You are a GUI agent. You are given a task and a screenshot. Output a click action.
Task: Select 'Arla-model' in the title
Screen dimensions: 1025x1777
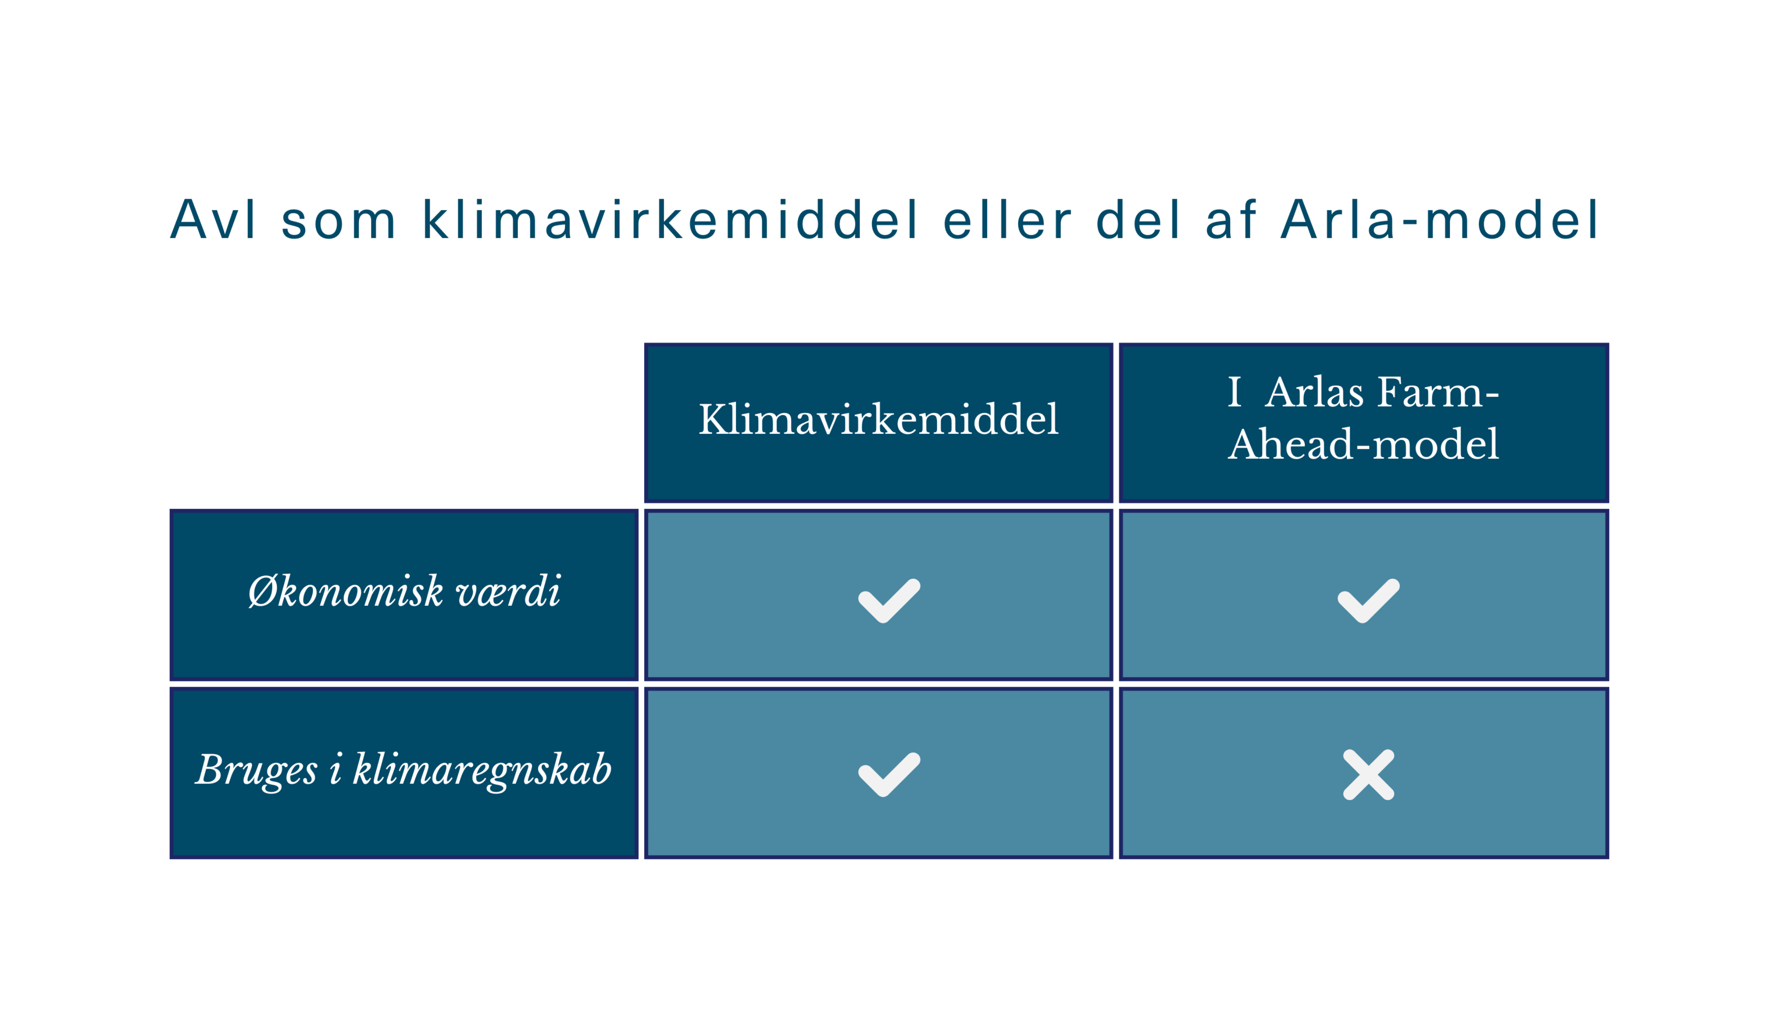1440,220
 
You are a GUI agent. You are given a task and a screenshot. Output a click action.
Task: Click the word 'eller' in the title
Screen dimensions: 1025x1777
1007,220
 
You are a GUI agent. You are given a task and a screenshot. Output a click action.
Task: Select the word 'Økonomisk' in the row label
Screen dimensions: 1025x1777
346,591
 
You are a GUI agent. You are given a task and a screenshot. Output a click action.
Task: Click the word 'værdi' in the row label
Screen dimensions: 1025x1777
509,591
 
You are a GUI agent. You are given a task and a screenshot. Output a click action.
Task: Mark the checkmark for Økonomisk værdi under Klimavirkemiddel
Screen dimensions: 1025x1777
889,601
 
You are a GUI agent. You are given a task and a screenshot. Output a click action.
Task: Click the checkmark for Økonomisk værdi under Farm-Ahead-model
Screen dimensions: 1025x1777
1368,601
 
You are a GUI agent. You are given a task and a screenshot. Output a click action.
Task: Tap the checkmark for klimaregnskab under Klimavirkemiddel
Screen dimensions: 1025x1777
889,774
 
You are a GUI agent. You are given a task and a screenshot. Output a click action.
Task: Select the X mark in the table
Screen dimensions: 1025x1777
1368,774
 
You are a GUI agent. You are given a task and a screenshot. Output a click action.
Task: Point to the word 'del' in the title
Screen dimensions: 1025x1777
1137,220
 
